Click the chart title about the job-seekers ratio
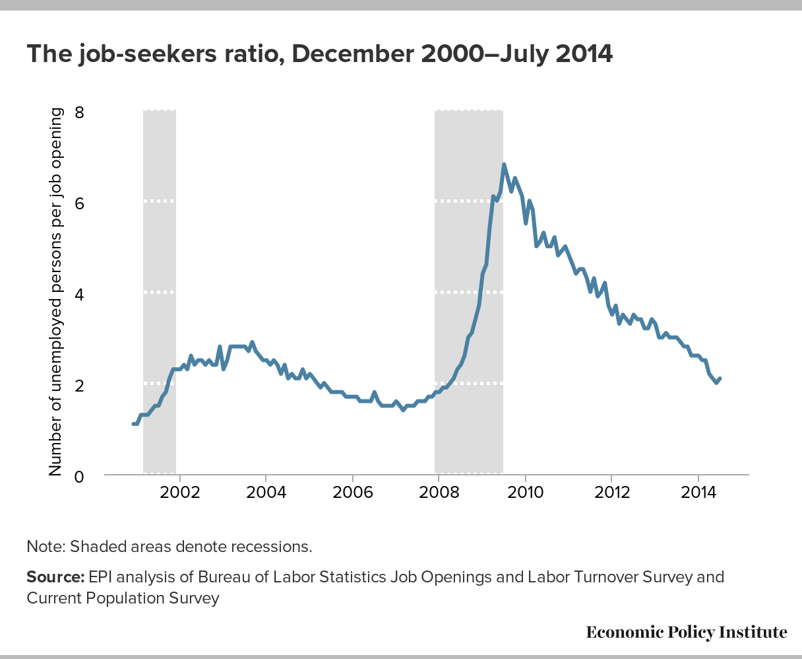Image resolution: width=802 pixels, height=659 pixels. tap(319, 54)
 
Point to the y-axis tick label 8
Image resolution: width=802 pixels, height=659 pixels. tap(79, 112)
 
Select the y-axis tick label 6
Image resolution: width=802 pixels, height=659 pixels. tap(79, 203)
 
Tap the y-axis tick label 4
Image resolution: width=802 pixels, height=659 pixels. tap(79, 294)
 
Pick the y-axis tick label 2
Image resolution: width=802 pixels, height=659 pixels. tap(79, 385)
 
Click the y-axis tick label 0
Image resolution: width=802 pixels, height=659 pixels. tap(79, 475)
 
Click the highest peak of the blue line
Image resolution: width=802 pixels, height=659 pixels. tap(504, 164)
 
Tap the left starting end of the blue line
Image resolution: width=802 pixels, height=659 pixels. tap(134, 424)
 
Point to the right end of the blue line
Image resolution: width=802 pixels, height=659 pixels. tap(720, 379)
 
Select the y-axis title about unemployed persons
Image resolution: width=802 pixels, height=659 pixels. tap(55, 292)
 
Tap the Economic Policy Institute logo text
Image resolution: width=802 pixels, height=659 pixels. tap(687, 632)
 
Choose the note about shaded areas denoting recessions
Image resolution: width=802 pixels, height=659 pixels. tap(169, 547)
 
